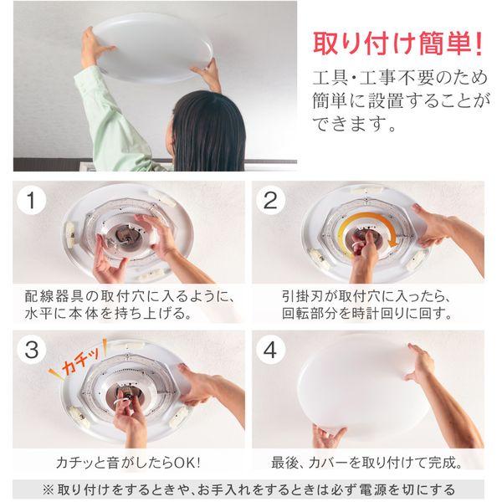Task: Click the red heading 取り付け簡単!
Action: [397, 42]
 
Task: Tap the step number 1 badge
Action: [32, 200]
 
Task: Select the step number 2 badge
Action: [269, 200]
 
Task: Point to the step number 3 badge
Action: [32, 350]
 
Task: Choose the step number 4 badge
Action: [269, 350]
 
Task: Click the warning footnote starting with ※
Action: [250, 488]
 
